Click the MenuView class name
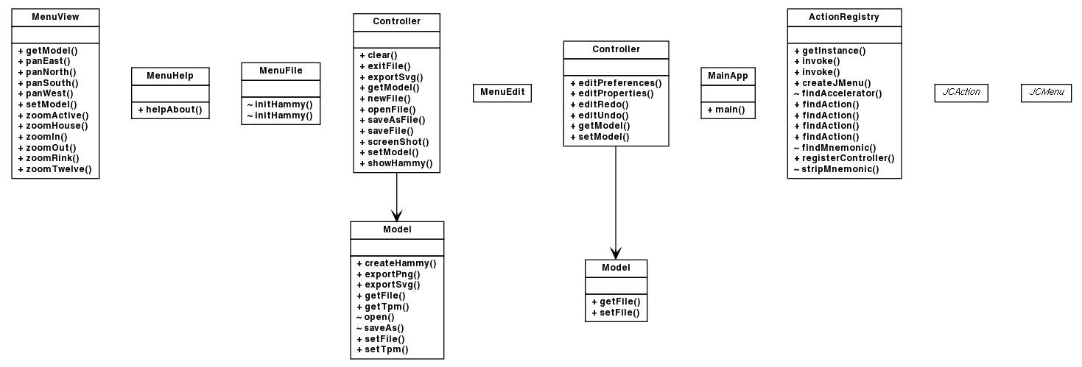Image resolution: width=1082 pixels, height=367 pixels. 55,16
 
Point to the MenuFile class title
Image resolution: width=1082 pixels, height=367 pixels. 281,71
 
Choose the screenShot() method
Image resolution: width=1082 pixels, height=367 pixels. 398,141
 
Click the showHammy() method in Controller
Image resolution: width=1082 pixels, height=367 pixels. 400,163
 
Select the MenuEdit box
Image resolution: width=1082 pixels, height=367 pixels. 502,93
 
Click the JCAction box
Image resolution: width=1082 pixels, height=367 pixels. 960,93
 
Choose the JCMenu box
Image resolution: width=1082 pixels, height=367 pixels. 1046,93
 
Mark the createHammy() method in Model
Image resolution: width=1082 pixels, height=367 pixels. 400,263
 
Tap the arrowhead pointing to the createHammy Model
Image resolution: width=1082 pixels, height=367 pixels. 397,215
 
